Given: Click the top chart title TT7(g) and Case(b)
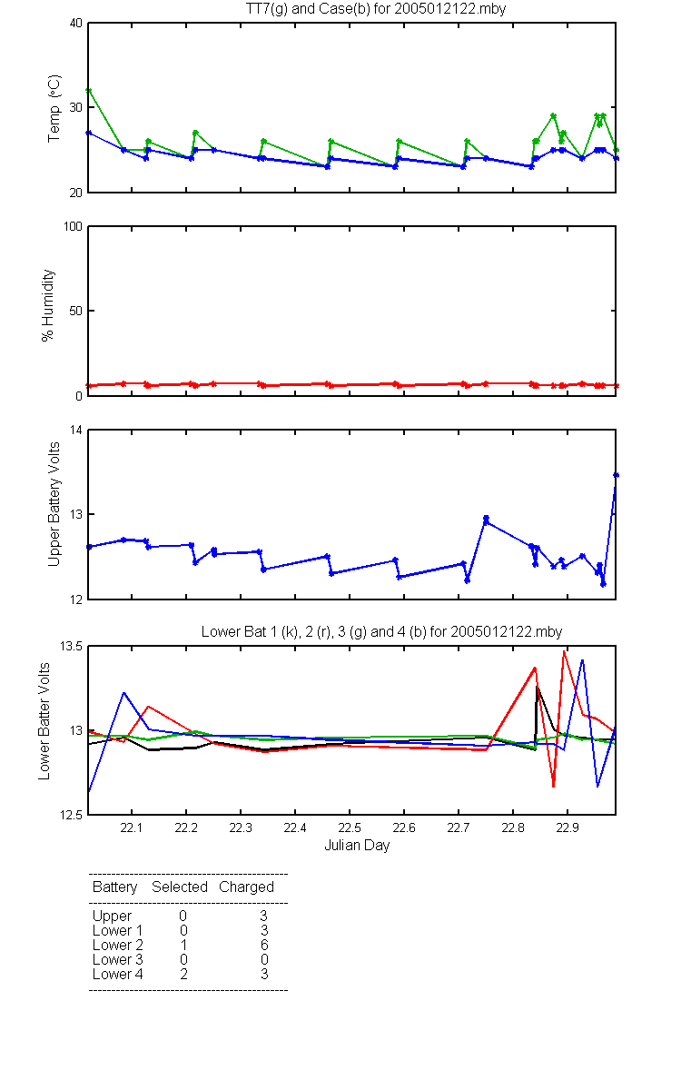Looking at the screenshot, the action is tap(376, 9).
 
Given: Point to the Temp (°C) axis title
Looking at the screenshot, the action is tap(54, 108).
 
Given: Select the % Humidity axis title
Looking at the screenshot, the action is tap(47, 305).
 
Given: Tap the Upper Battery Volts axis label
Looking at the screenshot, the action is tap(54, 504).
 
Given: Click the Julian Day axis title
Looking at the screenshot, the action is tap(357, 846).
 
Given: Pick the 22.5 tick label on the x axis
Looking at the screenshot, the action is tap(350, 827).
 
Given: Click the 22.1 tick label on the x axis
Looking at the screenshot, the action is tap(132, 827).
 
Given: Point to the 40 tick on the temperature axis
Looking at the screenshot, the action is tap(76, 24).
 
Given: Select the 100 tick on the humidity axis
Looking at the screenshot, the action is tap(73, 227).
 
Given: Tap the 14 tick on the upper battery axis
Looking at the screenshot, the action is tap(76, 431).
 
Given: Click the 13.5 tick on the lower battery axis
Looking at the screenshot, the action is tap(71, 646).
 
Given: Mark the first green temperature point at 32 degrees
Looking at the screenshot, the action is tap(89, 91).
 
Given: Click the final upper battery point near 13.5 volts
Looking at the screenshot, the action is tap(616, 475).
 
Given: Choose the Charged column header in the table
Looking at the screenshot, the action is tap(246, 887).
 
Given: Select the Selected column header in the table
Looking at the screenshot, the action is tap(180, 887).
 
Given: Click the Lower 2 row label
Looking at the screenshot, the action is tap(118, 945).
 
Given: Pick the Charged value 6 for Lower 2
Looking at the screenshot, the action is tap(264, 945).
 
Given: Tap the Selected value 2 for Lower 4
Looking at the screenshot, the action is tap(183, 974).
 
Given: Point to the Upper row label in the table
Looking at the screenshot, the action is tap(112, 917).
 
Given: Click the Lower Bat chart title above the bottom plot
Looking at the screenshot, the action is tap(382, 631).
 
